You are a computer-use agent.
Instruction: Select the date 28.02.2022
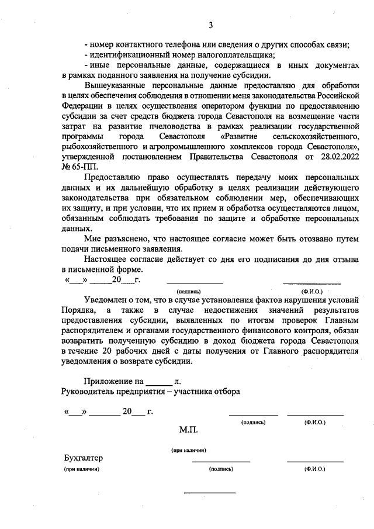tap(337, 157)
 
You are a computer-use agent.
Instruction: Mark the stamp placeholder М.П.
tap(190, 430)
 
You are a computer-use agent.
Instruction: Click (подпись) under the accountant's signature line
tap(220, 469)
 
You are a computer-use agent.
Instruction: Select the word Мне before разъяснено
tap(92, 239)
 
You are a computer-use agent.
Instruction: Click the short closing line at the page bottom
tap(210, 492)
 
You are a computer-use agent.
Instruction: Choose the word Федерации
tap(83, 106)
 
